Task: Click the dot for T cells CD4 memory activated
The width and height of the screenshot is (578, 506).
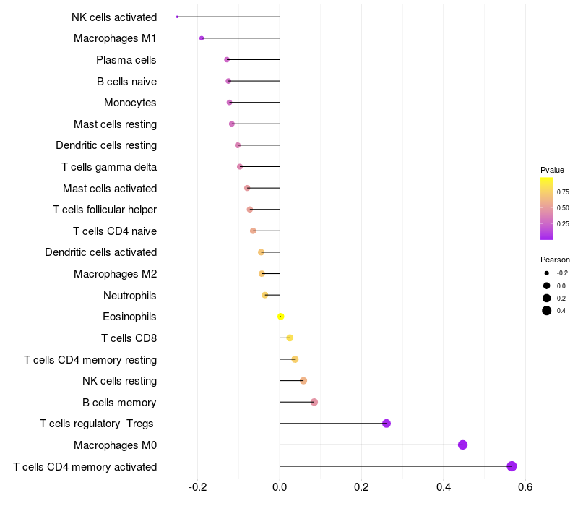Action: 512,466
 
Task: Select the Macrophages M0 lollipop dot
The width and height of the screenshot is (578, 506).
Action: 462,445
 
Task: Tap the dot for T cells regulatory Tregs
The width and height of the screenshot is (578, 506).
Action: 386,424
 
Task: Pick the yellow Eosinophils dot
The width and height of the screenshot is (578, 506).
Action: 280,317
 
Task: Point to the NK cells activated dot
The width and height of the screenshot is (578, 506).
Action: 177,17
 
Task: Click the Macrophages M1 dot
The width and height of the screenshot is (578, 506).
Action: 202,38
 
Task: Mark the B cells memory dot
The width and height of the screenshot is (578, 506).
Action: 314,402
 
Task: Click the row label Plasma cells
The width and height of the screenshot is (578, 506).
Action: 126,60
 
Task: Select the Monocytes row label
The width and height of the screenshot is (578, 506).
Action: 130,103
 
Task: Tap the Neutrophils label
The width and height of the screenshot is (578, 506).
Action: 130,296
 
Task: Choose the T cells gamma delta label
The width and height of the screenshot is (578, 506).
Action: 109,167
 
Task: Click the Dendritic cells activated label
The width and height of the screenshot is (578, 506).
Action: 101,252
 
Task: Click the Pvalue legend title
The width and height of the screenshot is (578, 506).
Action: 552,170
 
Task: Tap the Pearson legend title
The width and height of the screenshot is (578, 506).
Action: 555,260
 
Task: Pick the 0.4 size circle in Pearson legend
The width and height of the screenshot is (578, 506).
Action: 547,311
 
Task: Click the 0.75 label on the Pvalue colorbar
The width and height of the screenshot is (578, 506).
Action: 563,192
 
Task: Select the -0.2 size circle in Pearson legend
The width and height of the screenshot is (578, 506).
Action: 547,273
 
